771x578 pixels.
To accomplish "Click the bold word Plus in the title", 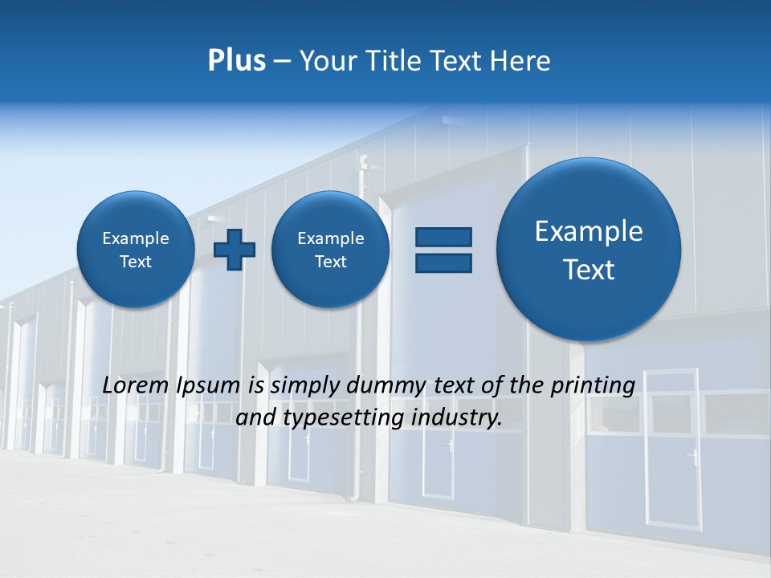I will point(236,61).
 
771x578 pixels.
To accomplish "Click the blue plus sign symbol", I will point(235,250).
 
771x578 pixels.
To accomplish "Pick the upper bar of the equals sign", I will point(443,237).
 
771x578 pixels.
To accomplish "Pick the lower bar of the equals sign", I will point(443,263).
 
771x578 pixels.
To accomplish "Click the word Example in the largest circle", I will point(589,231).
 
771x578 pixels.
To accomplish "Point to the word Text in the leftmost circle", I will point(136,262).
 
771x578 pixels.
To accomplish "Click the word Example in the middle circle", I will point(330,238).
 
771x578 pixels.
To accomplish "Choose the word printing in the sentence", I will point(592,385).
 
